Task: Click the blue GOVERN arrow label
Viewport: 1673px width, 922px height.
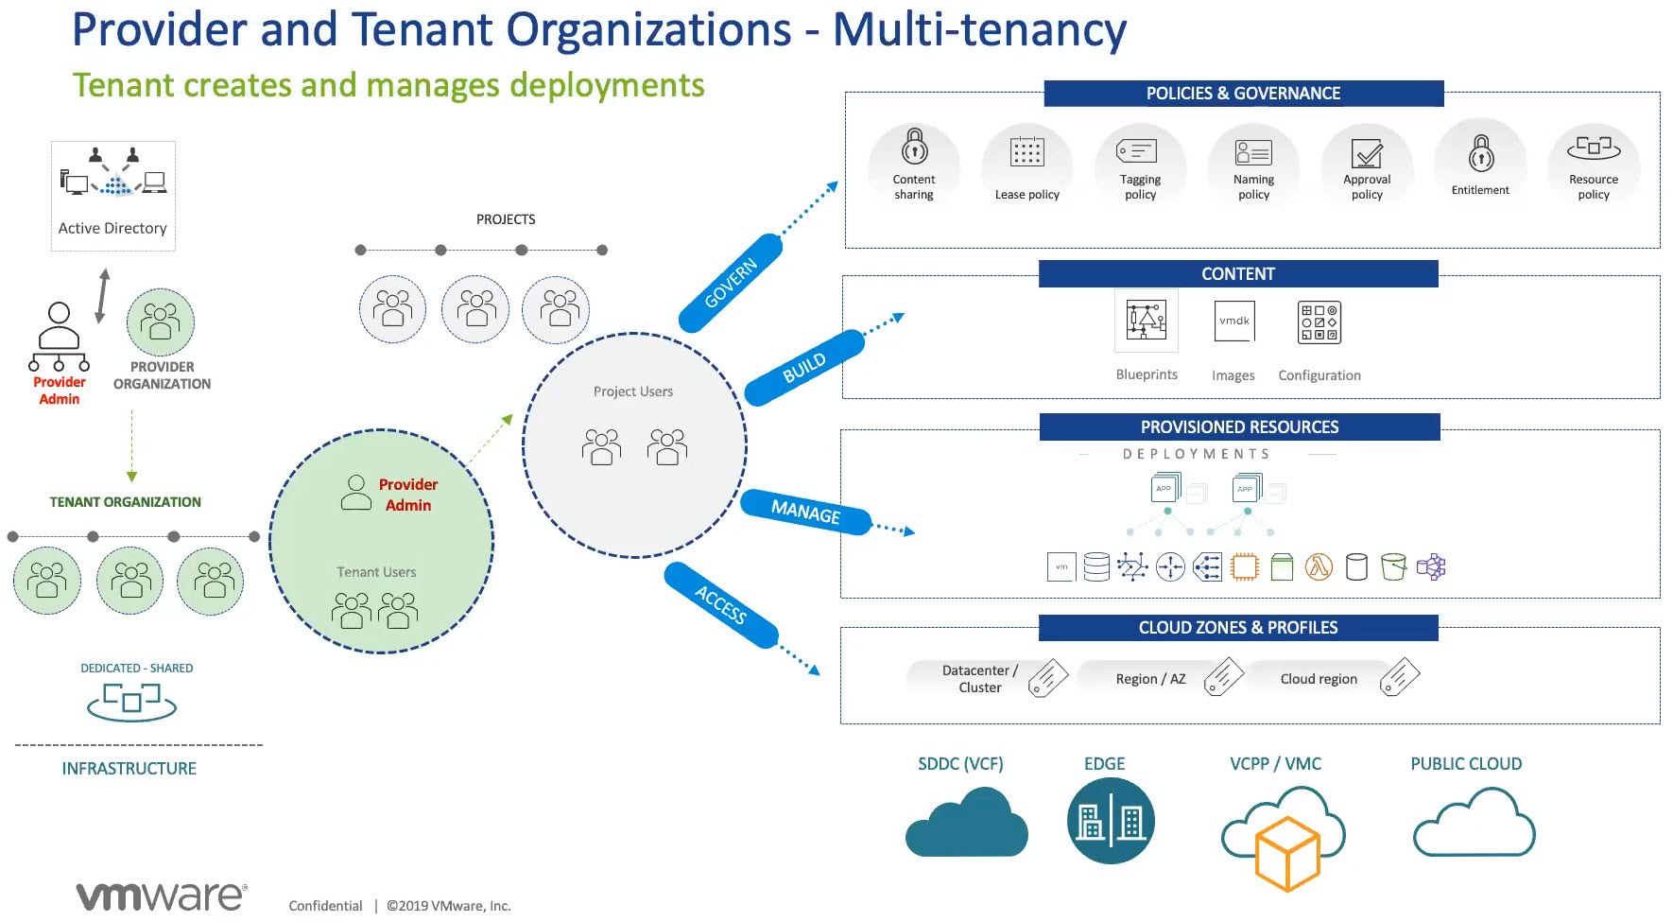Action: tap(731, 283)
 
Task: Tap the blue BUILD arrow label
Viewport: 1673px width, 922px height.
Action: tap(804, 367)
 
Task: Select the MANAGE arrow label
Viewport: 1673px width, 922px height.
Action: tap(805, 512)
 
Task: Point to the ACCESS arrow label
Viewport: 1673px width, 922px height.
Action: tap(720, 605)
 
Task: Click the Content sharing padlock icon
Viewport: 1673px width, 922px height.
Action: tap(914, 147)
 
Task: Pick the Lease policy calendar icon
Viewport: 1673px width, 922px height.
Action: tap(1026, 152)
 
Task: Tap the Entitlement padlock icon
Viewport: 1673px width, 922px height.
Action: tap(1481, 152)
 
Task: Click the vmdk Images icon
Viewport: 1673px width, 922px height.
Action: tap(1234, 322)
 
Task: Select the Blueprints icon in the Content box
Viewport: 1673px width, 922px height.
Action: tap(1147, 321)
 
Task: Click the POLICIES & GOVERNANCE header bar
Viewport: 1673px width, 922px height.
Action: tap(1243, 94)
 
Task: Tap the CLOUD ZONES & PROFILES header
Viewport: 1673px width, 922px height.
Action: tap(1238, 628)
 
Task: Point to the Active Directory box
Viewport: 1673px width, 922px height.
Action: tap(113, 196)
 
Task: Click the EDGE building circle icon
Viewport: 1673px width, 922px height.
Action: tap(1111, 821)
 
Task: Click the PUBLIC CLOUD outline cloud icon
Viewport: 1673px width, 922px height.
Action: tap(1474, 825)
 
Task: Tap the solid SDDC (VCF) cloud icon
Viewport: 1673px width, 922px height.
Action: tap(966, 825)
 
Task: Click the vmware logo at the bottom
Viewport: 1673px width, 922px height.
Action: tap(162, 896)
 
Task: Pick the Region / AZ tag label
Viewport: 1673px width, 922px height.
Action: tap(1150, 679)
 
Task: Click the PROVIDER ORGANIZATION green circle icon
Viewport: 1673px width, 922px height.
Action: tap(161, 322)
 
